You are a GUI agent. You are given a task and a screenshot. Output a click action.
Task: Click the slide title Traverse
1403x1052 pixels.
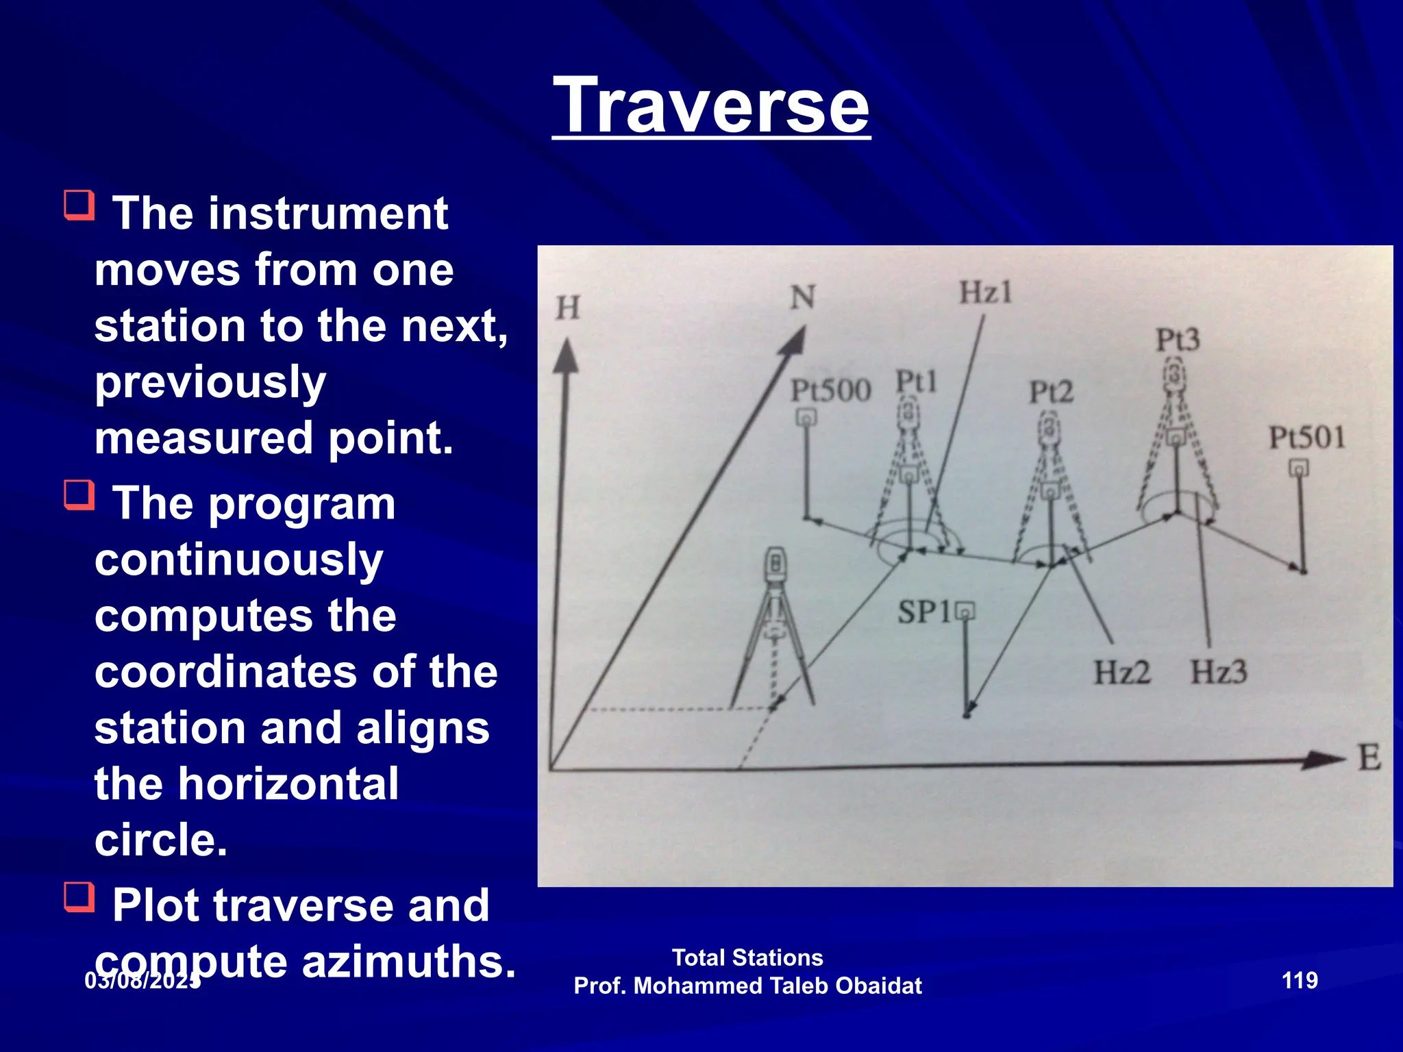[x=711, y=106]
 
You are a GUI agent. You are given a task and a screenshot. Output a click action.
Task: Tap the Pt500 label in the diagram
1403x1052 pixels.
[x=830, y=391]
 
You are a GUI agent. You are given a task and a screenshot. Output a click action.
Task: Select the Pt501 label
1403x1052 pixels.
[x=1306, y=438]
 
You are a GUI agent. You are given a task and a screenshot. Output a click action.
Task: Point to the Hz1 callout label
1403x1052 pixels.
[x=985, y=293]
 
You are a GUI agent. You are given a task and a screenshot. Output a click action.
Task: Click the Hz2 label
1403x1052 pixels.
[x=1121, y=672]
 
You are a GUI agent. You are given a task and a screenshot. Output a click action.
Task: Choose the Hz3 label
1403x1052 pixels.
[x=1218, y=672]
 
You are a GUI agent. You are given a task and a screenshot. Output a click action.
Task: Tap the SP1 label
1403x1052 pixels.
[x=924, y=612]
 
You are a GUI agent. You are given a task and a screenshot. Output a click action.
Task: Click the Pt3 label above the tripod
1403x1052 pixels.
[x=1178, y=340]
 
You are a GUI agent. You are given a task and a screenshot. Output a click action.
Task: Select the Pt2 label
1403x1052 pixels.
[x=1051, y=392]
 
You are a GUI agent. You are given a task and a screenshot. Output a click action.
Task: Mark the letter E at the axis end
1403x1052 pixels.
[x=1369, y=758]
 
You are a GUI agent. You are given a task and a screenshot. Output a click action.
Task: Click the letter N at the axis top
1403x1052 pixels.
[x=803, y=297]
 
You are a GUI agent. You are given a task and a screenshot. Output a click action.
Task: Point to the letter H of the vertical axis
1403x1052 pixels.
[x=567, y=308]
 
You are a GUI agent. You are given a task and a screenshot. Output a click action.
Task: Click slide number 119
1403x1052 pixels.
[x=1299, y=980]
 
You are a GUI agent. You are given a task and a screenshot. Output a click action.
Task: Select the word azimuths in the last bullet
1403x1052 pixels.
[x=408, y=961]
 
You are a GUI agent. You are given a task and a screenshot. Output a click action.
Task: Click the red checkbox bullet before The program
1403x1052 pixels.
[x=79, y=494]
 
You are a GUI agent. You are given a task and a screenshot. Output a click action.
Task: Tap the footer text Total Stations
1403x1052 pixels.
[x=747, y=957]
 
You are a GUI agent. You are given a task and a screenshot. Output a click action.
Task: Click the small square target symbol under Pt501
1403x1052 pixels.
[x=1299, y=468]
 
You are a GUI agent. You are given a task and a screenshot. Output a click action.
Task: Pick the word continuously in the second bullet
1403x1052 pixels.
[x=238, y=560]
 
